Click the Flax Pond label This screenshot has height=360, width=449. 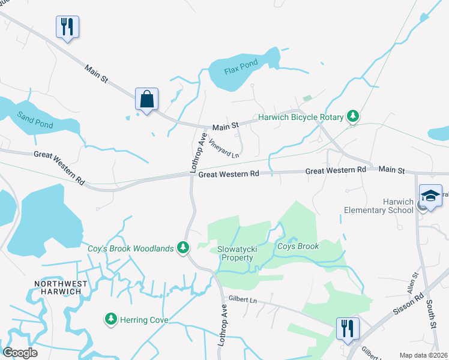coord(241,67)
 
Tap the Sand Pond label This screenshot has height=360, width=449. coord(35,120)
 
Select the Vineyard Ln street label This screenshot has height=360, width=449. coord(223,148)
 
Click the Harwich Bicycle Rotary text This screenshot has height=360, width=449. coord(300,117)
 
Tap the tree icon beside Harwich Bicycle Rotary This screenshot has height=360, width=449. coord(354,116)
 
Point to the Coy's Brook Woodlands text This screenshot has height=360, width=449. coord(131,248)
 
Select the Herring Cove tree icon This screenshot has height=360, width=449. coord(110,320)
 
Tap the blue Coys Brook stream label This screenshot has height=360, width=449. coord(298,246)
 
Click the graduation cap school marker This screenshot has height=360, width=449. coord(430,196)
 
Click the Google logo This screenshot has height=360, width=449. coord(20,352)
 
